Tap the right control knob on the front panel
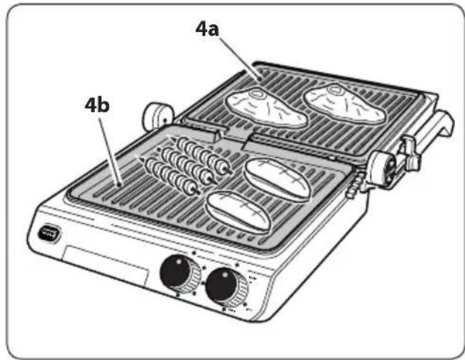(224, 286)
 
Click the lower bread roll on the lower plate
(239, 210)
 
